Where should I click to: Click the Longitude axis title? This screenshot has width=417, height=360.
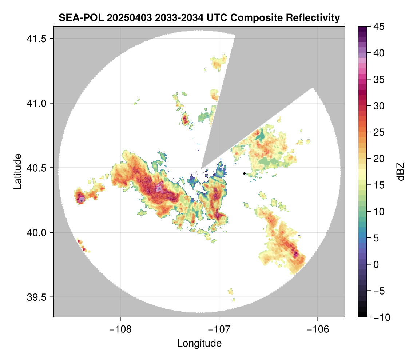tap(199, 343)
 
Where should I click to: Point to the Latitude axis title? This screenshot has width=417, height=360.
tap(17, 171)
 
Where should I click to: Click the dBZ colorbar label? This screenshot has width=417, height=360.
tap(401, 171)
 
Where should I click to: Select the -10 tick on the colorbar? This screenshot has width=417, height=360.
tap(380, 317)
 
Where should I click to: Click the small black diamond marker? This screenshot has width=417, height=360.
tap(244, 173)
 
